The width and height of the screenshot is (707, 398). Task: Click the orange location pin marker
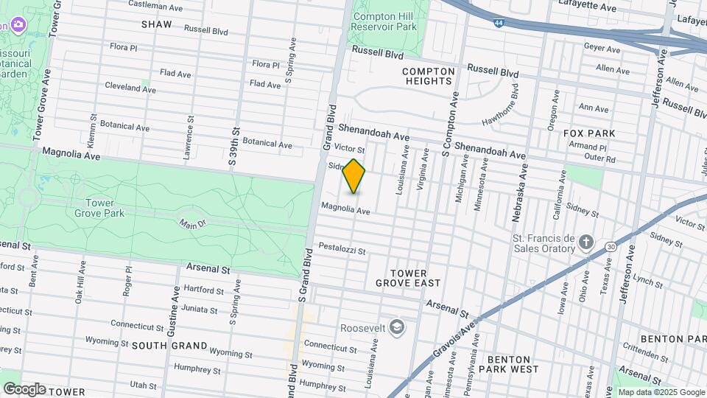pos(354,176)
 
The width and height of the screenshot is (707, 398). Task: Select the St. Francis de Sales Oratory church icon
pos(586,242)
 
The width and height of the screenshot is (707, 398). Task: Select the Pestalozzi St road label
pos(342,248)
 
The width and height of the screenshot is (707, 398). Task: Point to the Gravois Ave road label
pos(457,335)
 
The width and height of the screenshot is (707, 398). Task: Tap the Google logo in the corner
pos(24,388)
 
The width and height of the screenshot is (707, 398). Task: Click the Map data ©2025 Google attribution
pos(661,392)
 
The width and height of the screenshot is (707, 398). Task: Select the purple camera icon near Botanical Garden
pos(18,26)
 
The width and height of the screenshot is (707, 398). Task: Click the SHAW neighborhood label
pos(157,24)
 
